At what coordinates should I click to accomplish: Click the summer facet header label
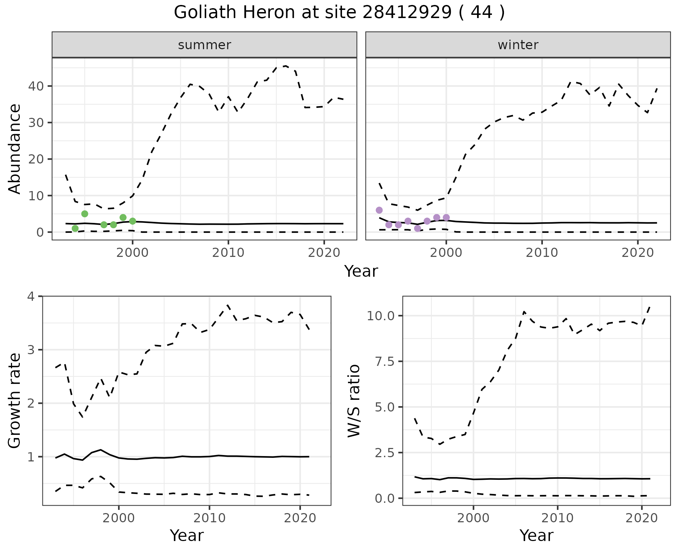tap(204, 45)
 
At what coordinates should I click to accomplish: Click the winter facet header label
tap(518, 45)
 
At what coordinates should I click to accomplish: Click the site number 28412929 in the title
tap(407, 13)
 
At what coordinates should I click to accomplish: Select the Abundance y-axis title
tap(14, 149)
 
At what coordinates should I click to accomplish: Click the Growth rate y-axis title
tap(14, 401)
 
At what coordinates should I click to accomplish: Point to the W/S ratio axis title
tap(354, 401)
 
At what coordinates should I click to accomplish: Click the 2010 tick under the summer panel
tap(228, 253)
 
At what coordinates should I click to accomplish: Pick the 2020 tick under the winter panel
tap(637, 253)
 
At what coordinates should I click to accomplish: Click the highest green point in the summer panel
tap(85, 214)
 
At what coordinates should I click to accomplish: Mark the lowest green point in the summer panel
tap(75, 228)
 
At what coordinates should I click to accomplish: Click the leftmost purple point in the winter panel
tap(379, 210)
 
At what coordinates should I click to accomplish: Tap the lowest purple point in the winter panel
tap(417, 228)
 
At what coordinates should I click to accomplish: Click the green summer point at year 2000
tap(132, 221)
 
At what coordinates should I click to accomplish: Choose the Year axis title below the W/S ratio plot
tap(536, 536)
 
